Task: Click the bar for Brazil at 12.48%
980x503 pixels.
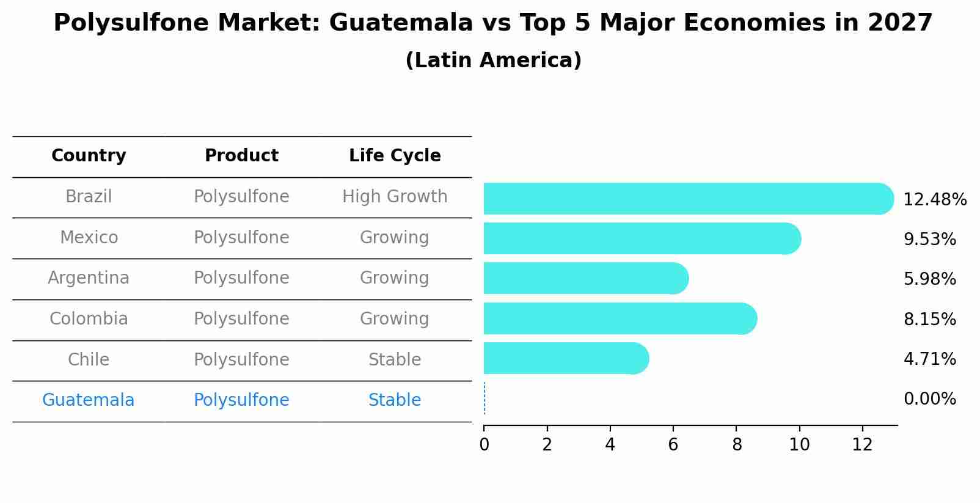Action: [x=687, y=199]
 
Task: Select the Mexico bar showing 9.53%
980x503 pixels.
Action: [x=642, y=238]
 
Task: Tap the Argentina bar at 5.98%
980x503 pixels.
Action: [x=585, y=278]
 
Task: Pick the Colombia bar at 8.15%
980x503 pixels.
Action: [x=620, y=318]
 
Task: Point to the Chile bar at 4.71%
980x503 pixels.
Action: [x=565, y=358]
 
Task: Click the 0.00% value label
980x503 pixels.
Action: [x=929, y=399]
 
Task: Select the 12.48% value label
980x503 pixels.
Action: [x=934, y=200]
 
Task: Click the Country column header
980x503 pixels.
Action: [x=89, y=156]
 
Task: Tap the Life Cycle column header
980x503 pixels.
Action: [x=395, y=156]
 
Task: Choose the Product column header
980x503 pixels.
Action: [x=241, y=156]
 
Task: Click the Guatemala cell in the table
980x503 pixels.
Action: [x=88, y=400]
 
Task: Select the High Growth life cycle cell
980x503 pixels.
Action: [x=395, y=197]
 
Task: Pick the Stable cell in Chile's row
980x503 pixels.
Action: [x=395, y=360]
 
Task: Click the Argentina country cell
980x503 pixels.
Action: [x=89, y=278]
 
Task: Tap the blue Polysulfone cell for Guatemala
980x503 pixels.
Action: [x=241, y=400]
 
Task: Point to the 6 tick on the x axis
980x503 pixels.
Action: [x=673, y=444]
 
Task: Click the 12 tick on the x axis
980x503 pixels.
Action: [x=862, y=444]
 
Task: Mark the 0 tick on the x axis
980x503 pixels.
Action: [x=484, y=444]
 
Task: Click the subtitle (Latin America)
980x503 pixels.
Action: [x=493, y=61]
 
